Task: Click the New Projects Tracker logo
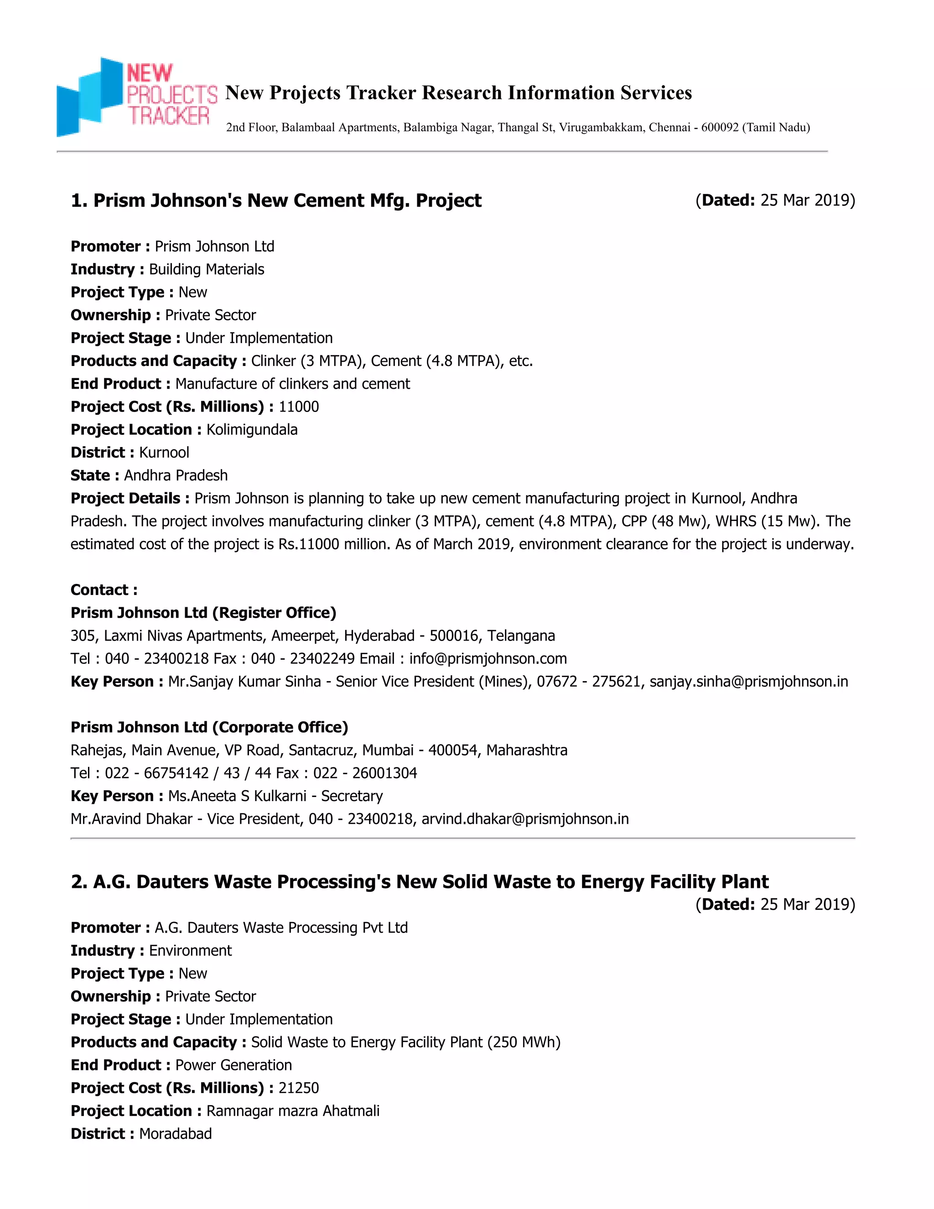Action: (137, 96)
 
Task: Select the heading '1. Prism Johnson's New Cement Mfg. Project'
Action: (276, 200)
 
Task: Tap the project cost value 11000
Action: (299, 407)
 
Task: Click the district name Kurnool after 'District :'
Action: (164, 453)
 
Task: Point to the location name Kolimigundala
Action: (252, 430)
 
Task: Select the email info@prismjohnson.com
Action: (488, 659)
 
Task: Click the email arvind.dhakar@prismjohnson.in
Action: (525, 819)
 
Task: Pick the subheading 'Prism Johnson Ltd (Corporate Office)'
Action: (209, 727)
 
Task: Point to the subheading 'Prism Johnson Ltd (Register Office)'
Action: (203, 613)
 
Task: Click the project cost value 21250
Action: (299, 1088)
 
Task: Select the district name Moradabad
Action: (176, 1134)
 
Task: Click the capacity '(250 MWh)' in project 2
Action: (524, 1042)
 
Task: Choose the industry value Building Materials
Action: (207, 270)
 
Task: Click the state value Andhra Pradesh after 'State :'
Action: (176, 475)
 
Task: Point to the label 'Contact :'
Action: (104, 590)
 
